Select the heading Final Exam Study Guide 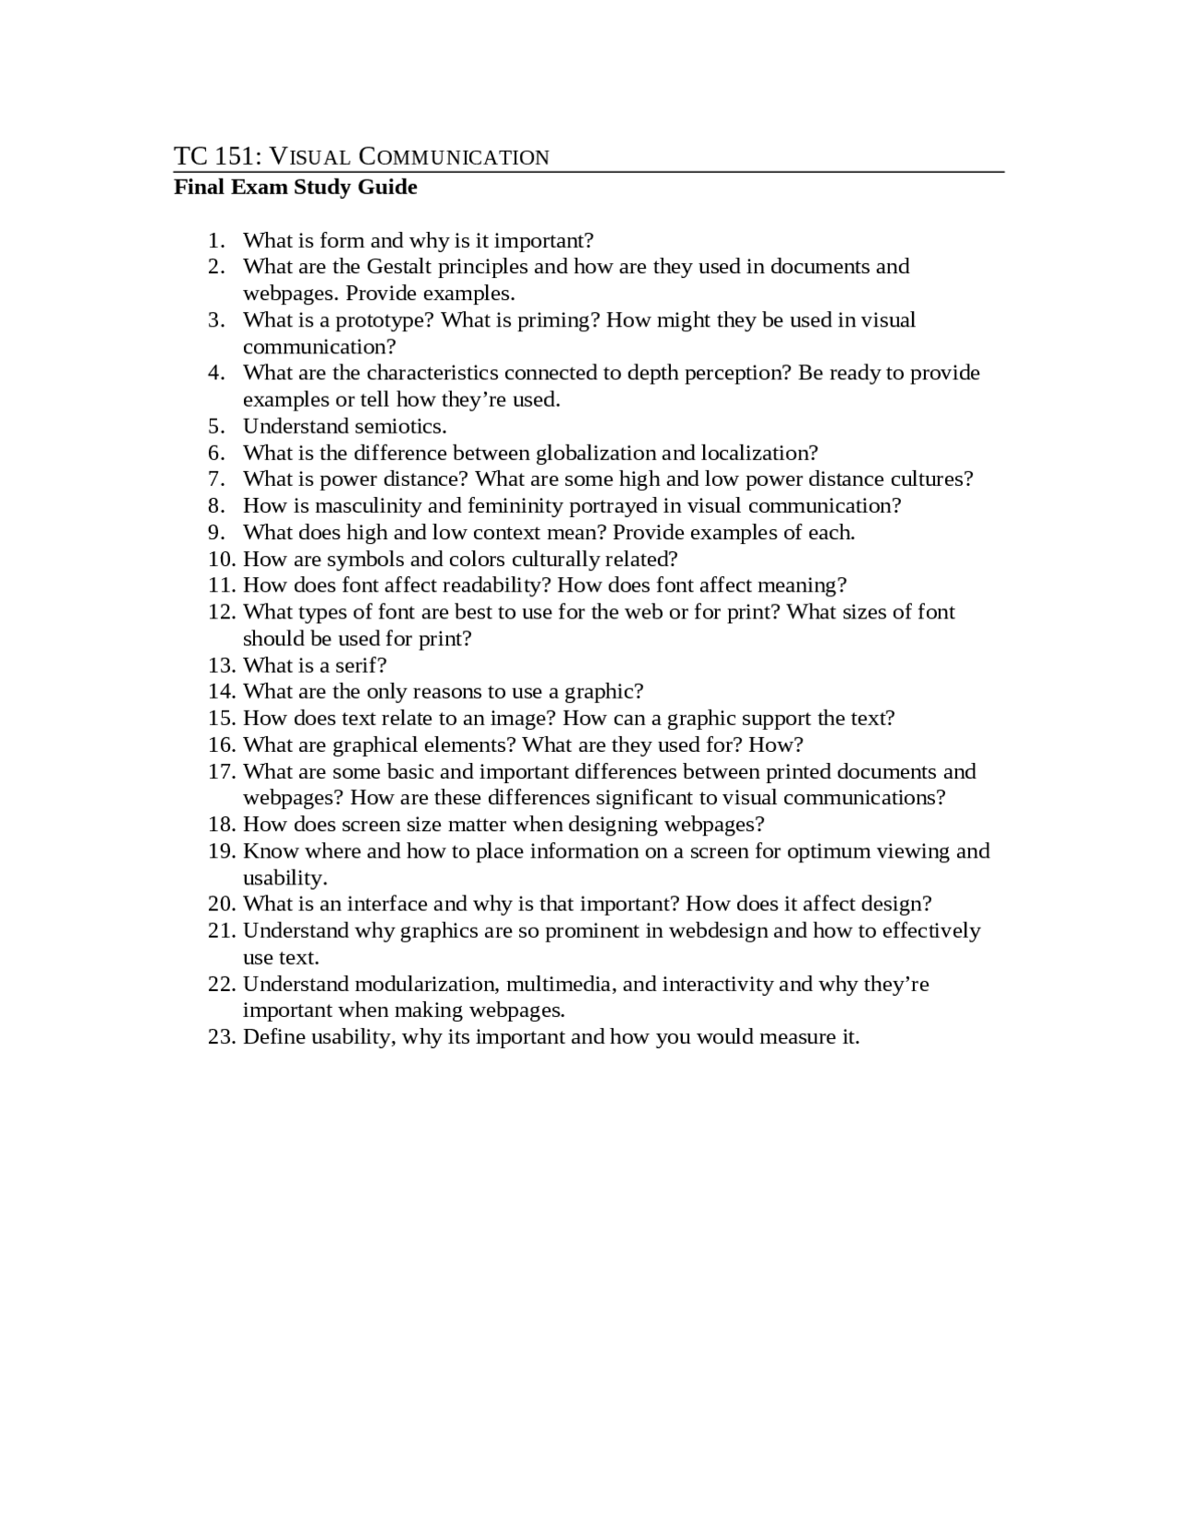[x=295, y=187]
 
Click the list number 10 [x=222, y=560]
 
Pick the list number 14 [x=222, y=692]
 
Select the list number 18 [x=222, y=825]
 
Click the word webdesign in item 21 [x=718, y=930]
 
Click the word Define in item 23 [x=273, y=1037]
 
